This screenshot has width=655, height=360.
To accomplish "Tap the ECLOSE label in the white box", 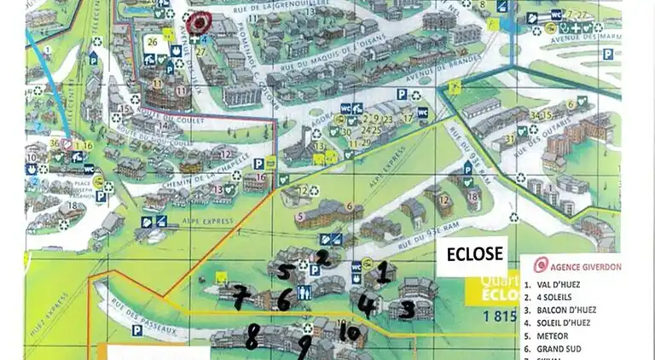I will pos(472,254).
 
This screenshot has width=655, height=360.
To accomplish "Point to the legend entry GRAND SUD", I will pos(563,350).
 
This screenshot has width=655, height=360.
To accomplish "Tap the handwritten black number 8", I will pos(252,336).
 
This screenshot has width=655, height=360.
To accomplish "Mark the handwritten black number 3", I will pos(408,309).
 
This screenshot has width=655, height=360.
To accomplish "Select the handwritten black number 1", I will pos(384,272).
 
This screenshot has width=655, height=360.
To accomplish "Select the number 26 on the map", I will pos(153,42).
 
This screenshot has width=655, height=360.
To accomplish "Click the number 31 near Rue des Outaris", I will pos(510,140).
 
